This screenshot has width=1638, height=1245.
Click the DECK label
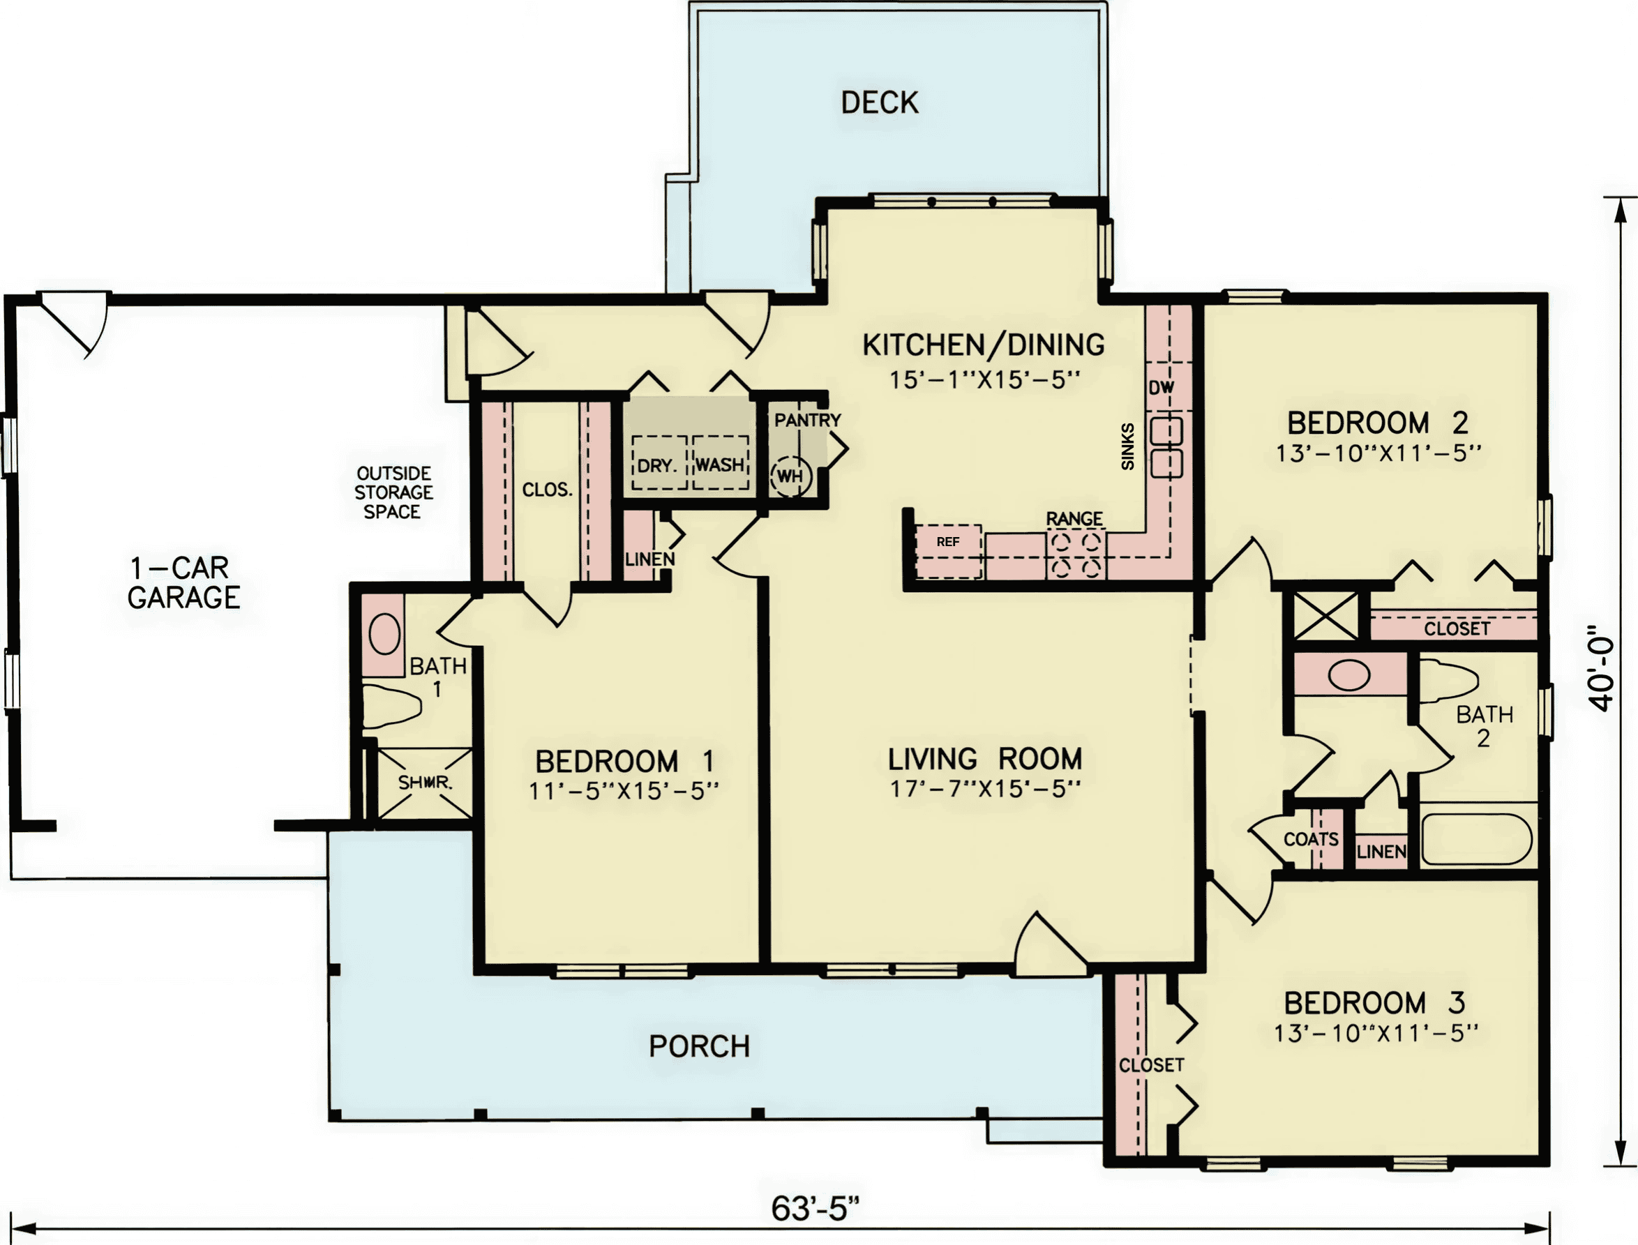click(880, 103)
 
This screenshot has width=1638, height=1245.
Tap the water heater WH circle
click(791, 476)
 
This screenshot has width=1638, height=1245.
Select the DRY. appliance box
click(659, 462)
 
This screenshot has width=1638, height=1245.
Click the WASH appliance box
click(721, 462)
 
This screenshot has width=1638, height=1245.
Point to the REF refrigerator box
click(949, 551)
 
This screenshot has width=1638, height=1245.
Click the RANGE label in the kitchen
click(1075, 519)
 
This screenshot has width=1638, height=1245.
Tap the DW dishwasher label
click(1162, 388)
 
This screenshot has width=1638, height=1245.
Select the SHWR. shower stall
click(425, 783)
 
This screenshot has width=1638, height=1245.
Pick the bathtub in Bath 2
click(1477, 840)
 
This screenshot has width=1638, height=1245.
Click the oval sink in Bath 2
click(1349, 675)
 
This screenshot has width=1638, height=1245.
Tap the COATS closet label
click(1311, 840)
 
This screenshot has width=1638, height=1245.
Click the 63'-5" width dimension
click(816, 1209)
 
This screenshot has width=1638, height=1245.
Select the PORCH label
click(700, 1046)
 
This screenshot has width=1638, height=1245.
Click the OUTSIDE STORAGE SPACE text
click(393, 493)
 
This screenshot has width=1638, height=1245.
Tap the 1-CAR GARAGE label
click(183, 582)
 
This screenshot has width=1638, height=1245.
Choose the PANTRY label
click(808, 420)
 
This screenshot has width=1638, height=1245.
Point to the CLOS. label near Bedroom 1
click(548, 490)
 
